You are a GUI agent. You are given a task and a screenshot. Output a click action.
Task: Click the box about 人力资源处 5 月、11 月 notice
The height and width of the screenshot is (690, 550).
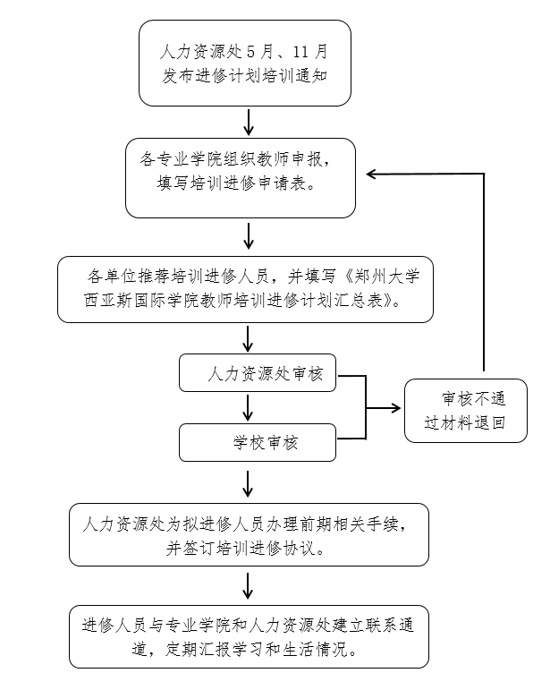pos(244,63)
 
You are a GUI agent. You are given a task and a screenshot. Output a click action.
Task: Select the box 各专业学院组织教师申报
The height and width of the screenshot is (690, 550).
pos(241,177)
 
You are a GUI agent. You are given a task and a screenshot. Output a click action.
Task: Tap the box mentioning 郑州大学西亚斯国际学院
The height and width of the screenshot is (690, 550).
pos(245,288)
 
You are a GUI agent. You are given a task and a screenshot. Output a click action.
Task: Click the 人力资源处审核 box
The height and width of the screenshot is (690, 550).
pos(258,373)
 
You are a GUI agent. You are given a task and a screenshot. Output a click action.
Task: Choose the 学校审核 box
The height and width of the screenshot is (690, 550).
pos(258,441)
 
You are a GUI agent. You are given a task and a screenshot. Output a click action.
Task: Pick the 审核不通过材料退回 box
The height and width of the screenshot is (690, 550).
pos(465,411)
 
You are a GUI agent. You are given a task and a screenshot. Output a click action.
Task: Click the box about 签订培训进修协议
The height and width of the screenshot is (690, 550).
pos(249,534)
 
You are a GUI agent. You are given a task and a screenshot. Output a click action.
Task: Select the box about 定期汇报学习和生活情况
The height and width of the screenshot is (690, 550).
pos(249,635)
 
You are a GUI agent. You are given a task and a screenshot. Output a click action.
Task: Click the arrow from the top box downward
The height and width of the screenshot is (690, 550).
pos(250,121)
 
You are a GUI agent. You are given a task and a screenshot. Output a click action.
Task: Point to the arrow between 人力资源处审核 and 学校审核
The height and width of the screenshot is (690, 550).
pos(250,408)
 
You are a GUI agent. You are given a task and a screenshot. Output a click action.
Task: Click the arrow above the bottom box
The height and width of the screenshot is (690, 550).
pos(250,585)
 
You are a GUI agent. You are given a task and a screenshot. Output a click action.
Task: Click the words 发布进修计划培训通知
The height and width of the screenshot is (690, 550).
pos(243,75)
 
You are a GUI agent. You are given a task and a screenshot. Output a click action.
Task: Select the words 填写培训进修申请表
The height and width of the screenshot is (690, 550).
pos(241,184)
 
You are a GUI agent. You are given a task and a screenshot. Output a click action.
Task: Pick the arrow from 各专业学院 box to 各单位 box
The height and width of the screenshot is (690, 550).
pos(250,236)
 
